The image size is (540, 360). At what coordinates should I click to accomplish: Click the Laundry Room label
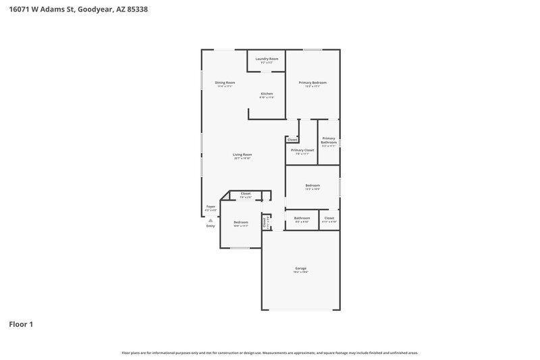tap(267, 59)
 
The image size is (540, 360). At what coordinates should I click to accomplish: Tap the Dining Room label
tap(225, 82)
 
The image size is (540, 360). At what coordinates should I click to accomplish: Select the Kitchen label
tap(267, 93)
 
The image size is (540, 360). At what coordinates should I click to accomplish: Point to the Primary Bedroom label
tap(313, 82)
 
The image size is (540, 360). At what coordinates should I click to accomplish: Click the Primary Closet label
tap(302, 150)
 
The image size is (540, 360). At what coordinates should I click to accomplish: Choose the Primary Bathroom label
tap(329, 140)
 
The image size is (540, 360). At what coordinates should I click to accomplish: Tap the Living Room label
tap(242, 155)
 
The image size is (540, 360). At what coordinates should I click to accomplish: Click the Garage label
tap(300, 268)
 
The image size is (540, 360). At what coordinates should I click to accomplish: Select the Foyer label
tap(211, 207)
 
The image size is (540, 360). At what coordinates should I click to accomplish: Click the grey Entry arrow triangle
tap(211, 220)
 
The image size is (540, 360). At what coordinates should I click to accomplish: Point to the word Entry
tap(211, 226)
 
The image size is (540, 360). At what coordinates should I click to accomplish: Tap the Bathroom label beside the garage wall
tap(302, 218)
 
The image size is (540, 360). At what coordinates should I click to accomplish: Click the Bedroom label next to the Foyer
tap(241, 222)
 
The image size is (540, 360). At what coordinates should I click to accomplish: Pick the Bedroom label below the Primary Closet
tap(313, 185)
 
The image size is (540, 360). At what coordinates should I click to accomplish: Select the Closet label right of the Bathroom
tap(329, 218)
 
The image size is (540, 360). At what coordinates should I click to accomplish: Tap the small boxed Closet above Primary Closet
tap(292, 139)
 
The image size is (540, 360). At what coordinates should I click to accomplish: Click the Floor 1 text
tap(20, 324)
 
